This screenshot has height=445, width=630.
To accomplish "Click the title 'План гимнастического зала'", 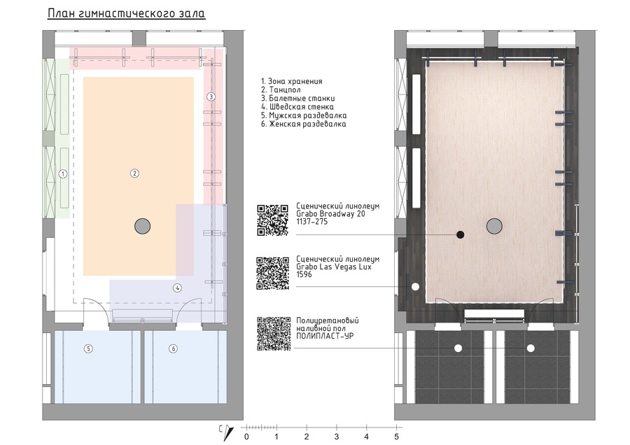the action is tap(127, 13).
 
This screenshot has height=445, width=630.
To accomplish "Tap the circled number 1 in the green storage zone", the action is tap(63, 174).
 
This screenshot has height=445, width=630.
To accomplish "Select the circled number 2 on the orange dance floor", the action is tap(134, 174).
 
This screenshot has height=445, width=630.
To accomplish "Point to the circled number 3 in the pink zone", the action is tap(211, 97).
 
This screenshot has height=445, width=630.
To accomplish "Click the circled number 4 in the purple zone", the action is tap(177, 288).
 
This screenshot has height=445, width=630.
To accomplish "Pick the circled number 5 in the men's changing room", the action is tap(88, 348).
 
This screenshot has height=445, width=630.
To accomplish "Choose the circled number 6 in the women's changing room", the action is tap(173, 348).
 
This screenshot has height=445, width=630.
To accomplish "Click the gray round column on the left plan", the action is tap(142, 226).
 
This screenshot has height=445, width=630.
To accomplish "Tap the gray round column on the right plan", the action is tap(494, 226).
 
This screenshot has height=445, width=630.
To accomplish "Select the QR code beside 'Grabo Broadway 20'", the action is tap(273, 220).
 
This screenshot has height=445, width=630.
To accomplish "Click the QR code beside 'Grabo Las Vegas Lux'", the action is tap(273, 273).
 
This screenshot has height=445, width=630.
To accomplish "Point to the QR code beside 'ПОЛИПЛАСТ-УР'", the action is tap(274, 334).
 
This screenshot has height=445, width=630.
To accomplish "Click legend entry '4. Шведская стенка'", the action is tap(297, 107).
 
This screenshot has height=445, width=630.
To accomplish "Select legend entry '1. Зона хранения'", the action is tap(292, 81).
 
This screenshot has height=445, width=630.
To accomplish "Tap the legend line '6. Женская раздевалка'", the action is tap(303, 124).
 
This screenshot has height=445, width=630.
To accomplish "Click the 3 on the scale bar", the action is tap(336, 437).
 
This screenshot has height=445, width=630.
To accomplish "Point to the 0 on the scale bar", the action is tap(246, 437).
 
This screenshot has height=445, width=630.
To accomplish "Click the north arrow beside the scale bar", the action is tap(229, 432).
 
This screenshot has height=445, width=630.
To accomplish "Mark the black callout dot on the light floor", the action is tap(461, 234).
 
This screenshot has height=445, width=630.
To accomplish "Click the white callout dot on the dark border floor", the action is tap(415, 287).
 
